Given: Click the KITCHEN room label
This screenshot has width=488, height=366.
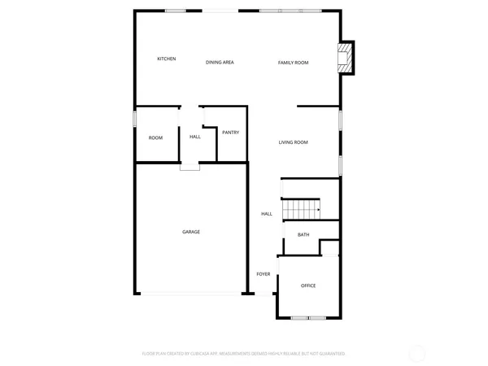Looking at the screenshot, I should (167, 59).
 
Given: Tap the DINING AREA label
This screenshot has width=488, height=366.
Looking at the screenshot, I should (220, 62).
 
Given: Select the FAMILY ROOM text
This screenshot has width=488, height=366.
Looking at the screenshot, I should (293, 62).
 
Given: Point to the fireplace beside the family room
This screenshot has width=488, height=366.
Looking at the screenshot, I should (346, 58).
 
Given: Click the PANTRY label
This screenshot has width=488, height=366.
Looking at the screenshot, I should (230, 132).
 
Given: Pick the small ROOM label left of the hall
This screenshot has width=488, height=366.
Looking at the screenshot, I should (155, 137).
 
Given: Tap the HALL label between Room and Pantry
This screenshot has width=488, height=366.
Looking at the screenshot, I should (195, 137).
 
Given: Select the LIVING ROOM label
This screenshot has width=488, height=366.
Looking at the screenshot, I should (293, 142).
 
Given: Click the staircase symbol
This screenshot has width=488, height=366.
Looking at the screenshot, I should (301, 209).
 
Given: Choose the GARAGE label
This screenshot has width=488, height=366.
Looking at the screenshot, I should (191, 232).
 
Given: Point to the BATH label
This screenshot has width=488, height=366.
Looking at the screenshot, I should (303, 235).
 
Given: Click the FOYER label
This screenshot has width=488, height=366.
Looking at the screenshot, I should (264, 274).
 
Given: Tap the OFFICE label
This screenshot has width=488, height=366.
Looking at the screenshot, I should (308, 285).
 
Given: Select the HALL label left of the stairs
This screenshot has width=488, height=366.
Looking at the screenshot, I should (267, 214).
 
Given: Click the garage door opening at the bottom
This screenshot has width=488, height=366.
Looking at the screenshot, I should (191, 294).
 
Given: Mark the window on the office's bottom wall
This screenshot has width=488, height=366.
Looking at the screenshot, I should (309, 317).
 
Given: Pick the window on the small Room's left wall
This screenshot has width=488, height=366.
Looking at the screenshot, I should (135, 119).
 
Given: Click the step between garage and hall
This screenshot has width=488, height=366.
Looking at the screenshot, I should (190, 167).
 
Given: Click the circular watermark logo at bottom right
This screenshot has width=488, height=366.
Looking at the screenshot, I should (417, 354).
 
